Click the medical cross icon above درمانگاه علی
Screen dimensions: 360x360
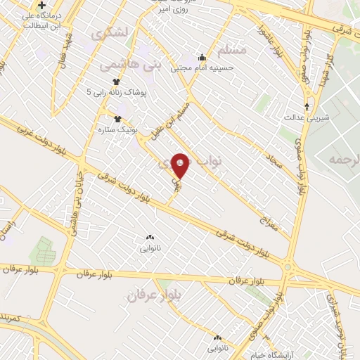[x=42, y=6]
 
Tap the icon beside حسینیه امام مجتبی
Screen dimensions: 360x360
[x=202, y=58]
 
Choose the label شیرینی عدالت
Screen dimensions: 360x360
[x=303, y=117]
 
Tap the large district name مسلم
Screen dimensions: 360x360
[x=231, y=51]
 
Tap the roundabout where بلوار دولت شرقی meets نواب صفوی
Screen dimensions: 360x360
[x=288, y=266]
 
